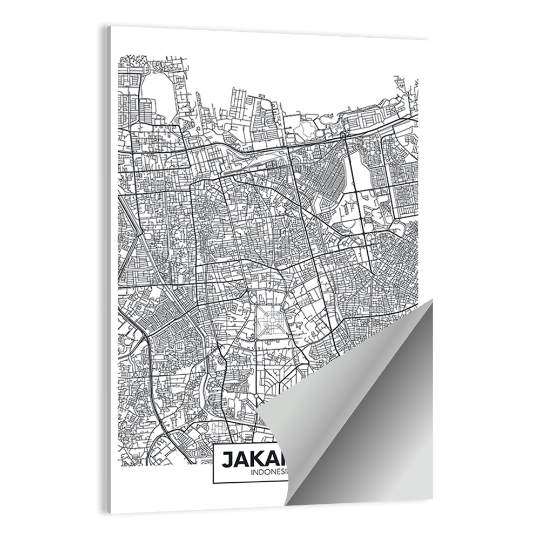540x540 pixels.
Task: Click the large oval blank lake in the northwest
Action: coord(157,93)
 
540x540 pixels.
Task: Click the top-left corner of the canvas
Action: coord(106,26)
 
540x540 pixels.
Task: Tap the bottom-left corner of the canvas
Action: coord(109,512)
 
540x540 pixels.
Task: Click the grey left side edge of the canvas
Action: coord(108,270)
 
